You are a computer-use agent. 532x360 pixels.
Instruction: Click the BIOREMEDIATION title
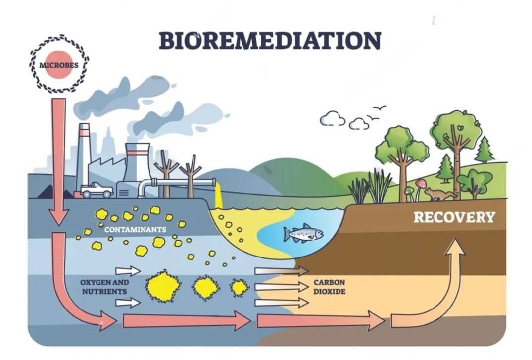tap(270, 40)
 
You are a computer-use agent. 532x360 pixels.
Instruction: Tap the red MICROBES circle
tap(59, 65)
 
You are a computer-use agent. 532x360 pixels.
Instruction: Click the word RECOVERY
tap(454, 217)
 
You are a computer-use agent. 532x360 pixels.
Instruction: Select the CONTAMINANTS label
tap(135, 230)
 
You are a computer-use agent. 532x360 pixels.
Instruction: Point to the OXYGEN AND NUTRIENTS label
tap(97, 287)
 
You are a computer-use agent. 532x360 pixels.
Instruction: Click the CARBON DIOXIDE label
tap(329, 287)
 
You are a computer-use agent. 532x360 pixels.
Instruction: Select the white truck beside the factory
tap(97, 189)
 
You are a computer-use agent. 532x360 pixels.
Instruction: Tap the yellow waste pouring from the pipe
tap(219, 196)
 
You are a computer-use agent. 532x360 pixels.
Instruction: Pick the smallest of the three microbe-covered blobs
tap(239, 287)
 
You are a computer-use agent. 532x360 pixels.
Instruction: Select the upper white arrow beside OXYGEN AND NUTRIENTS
tap(128, 271)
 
